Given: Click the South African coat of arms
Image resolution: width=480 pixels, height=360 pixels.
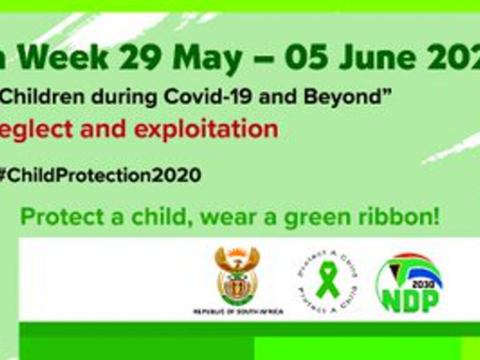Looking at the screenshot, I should (x=237, y=277).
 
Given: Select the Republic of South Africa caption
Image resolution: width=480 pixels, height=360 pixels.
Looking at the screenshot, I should (x=237, y=310).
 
